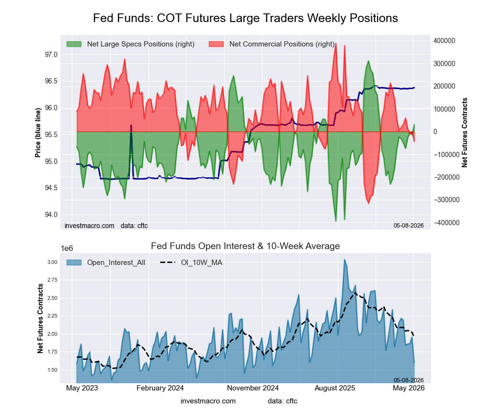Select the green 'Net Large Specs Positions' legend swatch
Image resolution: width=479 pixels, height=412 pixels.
click(x=74, y=44)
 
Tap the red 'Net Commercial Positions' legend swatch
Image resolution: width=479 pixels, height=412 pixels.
click(x=217, y=44)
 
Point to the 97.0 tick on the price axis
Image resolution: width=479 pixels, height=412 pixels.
click(x=51, y=55)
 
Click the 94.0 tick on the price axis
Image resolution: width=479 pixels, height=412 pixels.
click(x=51, y=215)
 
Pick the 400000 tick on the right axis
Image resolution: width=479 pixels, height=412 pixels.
click(x=444, y=41)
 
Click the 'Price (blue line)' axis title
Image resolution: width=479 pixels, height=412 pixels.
click(x=38, y=133)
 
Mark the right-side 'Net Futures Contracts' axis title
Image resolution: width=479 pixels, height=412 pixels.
click(x=465, y=133)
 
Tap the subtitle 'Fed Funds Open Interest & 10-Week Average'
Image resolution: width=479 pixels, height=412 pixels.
click(x=245, y=246)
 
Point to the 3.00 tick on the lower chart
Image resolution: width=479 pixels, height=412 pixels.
click(x=52, y=262)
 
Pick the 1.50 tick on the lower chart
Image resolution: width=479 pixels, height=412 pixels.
click(x=52, y=370)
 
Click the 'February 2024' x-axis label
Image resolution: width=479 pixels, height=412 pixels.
click(x=160, y=388)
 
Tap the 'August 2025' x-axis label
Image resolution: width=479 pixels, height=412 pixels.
click(x=335, y=388)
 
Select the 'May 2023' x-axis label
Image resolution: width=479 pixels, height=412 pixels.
click(x=82, y=388)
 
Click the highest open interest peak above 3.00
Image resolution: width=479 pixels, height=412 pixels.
click(x=344, y=260)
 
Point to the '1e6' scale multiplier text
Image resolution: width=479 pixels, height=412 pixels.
click(x=67, y=249)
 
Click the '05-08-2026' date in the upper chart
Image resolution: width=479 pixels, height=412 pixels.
click(x=409, y=226)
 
